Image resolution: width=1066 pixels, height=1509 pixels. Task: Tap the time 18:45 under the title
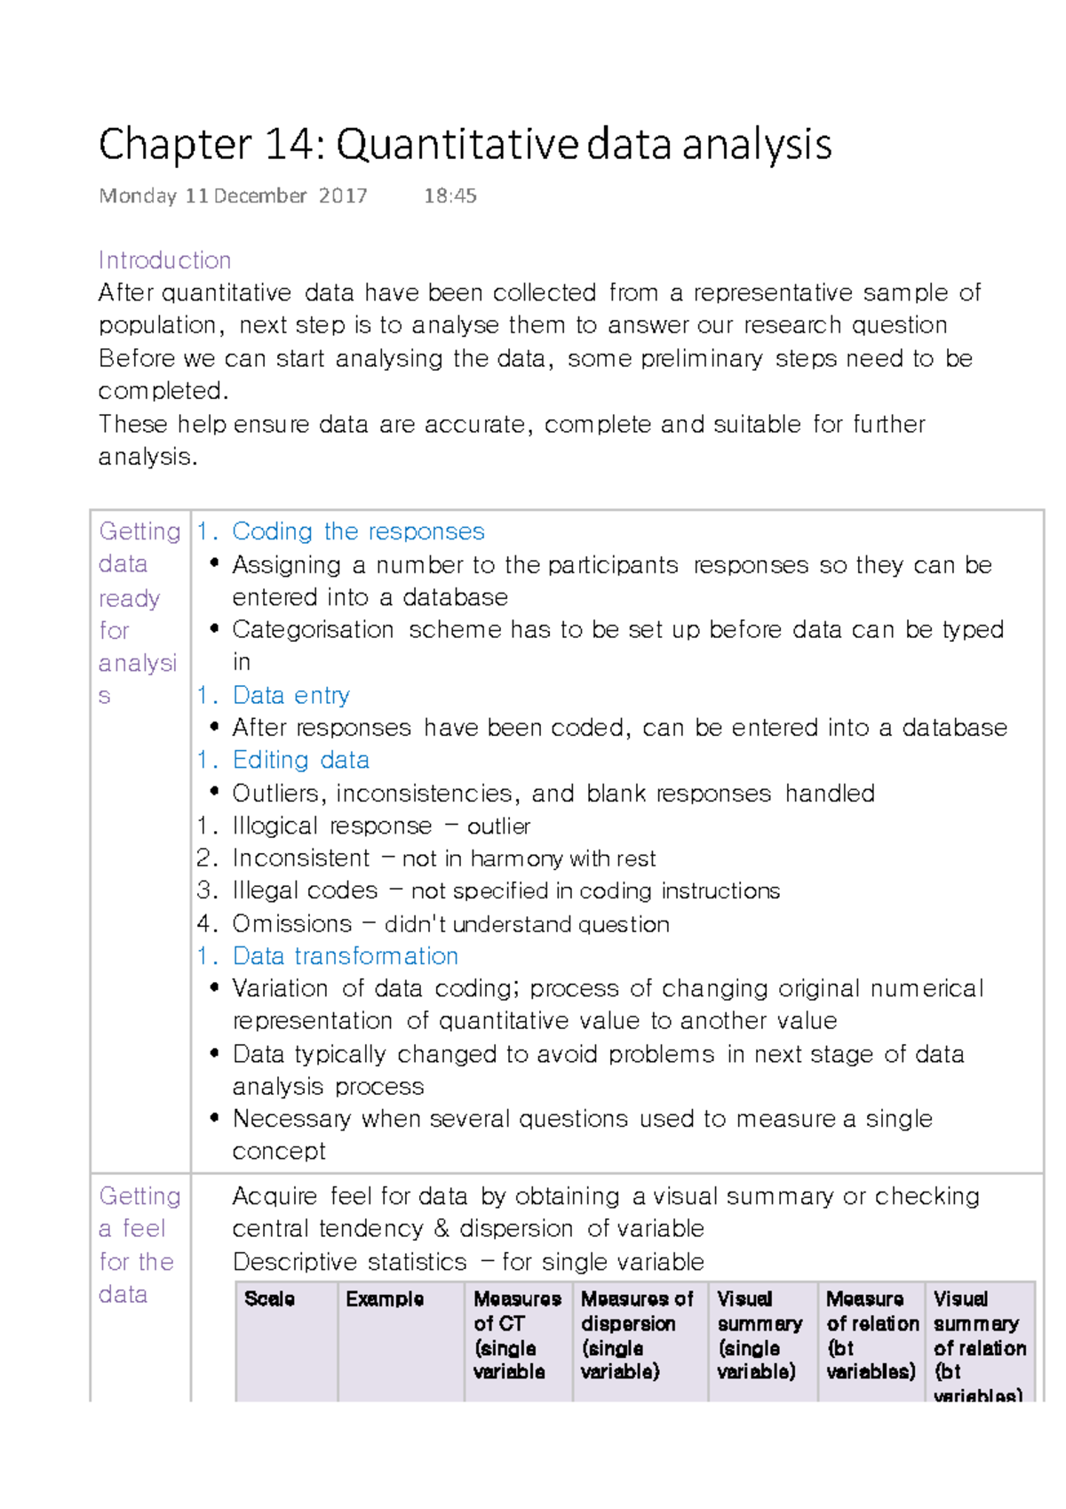[450, 196]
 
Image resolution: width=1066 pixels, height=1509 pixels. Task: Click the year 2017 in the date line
[343, 196]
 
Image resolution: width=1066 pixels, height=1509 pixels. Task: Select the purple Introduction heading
[164, 260]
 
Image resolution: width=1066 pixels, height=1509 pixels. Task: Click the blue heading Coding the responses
[358, 531]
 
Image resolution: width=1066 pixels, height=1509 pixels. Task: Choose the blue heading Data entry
[290, 695]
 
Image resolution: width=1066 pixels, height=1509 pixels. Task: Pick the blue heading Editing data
[300, 760]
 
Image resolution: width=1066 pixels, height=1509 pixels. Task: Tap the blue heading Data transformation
[345, 956]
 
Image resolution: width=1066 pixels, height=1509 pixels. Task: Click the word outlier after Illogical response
[498, 826]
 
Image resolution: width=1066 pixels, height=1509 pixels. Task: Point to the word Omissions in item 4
[292, 924]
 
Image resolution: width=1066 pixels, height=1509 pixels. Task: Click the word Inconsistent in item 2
[300, 858]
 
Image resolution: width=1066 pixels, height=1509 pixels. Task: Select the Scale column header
[269, 1299]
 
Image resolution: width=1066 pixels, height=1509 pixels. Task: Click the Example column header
[385, 1299]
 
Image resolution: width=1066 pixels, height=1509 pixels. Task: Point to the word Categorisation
[313, 630]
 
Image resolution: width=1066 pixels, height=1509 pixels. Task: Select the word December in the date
[260, 196]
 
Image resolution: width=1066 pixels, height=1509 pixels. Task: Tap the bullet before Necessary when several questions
[214, 1118]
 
